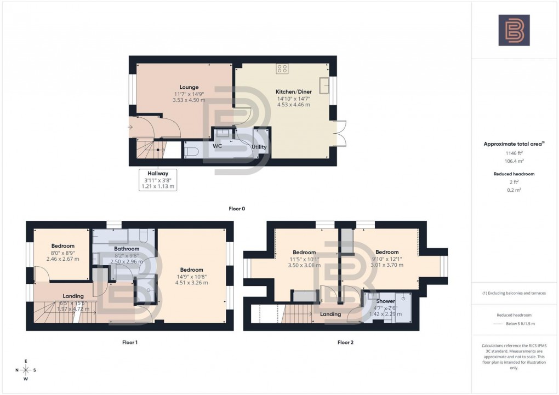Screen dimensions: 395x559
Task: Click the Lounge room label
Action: (x=189, y=87)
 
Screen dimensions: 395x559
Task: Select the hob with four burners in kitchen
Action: (x=282, y=68)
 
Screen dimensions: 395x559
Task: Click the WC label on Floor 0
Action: (x=217, y=147)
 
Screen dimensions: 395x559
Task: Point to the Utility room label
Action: (x=259, y=147)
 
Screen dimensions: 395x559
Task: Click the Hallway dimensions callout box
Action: (x=158, y=180)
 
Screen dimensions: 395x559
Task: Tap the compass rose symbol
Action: (x=26, y=370)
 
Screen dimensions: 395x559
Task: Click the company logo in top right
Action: (x=514, y=30)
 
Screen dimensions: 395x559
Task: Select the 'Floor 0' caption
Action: (x=237, y=209)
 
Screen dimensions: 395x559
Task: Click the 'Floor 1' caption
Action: (x=129, y=342)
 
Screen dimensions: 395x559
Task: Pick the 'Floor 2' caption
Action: (x=345, y=342)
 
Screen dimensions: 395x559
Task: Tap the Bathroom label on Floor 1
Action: (x=126, y=248)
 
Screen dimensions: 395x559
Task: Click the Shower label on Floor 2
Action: (x=385, y=301)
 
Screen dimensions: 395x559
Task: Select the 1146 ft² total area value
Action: (x=514, y=154)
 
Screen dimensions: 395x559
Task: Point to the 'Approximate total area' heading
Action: (x=514, y=144)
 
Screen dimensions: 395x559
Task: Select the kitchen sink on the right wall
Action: (x=324, y=84)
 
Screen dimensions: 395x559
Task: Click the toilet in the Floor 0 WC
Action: (x=192, y=152)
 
